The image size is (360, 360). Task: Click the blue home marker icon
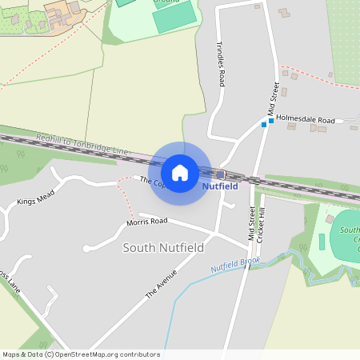pos(180,172)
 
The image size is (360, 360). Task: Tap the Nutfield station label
pos(219,186)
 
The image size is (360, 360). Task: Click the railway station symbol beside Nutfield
pos(221,174)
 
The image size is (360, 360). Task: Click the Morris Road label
pos(148,220)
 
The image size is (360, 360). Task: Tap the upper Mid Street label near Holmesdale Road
pos(274,98)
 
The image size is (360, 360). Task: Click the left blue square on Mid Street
pos(263,125)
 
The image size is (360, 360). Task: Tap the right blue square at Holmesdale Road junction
pos(271,121)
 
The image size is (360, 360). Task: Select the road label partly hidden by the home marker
pos(152,182)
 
